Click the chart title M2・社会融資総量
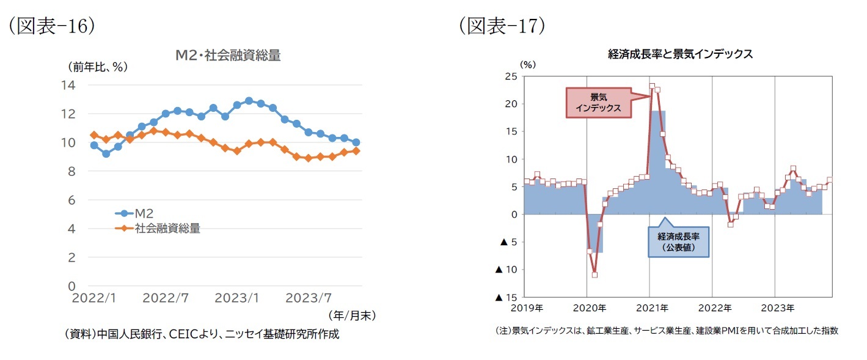click(227, 56)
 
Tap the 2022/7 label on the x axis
click(166, 298)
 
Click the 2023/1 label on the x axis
click(237, 298)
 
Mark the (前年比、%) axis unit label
click(97, 67)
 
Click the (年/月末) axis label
click(351, 315)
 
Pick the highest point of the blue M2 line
click(249, 101)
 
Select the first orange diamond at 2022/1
click(94, 135)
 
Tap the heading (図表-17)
click(502, 26)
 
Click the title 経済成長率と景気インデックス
click(680, 54)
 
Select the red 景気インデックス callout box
click(597, 103)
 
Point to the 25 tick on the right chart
click(511, 76)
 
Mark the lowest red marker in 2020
click(594, 274)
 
